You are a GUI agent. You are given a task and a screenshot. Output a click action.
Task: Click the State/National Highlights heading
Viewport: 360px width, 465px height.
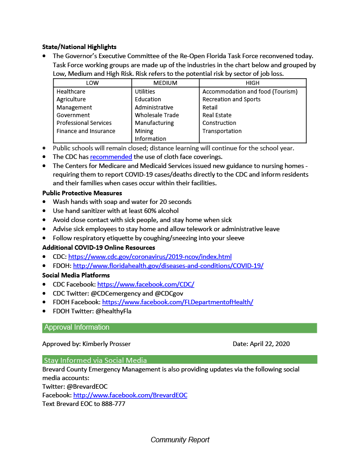click(79, 47)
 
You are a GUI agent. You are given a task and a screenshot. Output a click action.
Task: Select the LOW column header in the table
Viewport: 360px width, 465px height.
click(92, 83)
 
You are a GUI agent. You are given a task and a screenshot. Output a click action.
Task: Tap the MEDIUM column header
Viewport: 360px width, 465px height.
click(165, 83)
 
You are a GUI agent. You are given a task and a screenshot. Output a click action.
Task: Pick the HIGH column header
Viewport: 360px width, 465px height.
click(252, 83)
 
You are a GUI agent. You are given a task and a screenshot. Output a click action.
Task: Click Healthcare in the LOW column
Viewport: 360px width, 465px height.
click(70, 91)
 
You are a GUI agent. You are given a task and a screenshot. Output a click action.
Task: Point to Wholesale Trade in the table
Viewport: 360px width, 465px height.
click(156, 115)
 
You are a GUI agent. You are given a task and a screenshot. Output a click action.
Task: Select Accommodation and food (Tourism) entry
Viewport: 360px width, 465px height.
click(250, 91)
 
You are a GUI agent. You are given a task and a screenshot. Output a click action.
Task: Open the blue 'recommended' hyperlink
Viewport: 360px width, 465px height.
click(111, 157)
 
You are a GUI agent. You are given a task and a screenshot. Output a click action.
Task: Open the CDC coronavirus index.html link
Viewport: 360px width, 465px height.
click(150, 257)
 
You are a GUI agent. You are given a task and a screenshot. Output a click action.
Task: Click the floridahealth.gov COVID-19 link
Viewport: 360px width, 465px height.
click(168, 266)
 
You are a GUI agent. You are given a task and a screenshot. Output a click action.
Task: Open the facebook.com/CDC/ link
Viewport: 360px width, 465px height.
click(145, 284)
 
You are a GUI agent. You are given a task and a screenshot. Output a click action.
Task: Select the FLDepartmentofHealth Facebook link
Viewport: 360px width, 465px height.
click(177, 302)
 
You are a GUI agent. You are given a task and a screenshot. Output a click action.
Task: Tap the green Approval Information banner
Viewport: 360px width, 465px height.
click(180, 327)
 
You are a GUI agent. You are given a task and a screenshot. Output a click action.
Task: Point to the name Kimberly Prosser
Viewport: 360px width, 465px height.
click(106, 344)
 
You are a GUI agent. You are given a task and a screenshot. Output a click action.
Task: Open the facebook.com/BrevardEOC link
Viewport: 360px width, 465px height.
click(130, 395)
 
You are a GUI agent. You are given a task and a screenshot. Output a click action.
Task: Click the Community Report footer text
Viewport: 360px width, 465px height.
click(180, 440)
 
